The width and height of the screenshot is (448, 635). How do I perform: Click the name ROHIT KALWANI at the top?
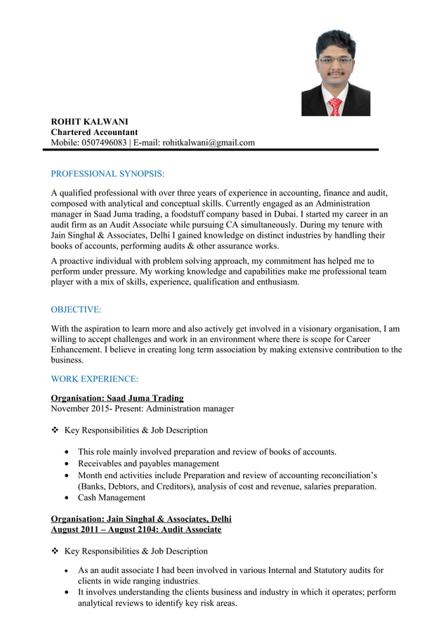pos(89,122)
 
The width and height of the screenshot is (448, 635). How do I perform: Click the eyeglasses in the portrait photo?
pos(335,60)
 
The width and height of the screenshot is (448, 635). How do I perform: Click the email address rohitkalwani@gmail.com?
pos(209,143)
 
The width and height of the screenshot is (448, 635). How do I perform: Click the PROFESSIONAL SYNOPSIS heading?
pos(107,174)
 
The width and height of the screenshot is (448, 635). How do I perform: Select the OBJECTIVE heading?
pos(76,309)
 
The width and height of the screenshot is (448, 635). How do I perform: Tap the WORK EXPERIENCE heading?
pos(95,379)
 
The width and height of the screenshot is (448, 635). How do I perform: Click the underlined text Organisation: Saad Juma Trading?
pos(117,398)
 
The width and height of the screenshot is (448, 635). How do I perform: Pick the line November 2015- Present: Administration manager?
pos(143,409)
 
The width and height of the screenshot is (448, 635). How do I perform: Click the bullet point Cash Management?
pos(112,498)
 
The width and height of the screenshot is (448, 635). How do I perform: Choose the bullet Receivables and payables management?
pos(148,464)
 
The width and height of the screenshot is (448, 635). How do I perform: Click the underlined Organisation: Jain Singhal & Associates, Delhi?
pos(141,519)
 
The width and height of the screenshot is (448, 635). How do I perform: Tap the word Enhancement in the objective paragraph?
pos(78,349)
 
